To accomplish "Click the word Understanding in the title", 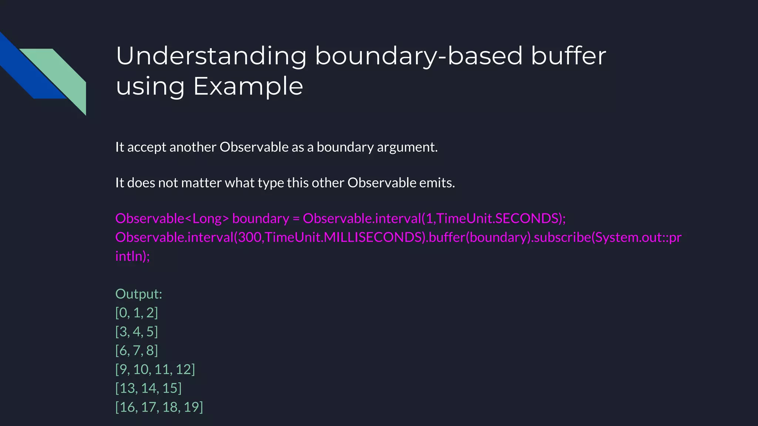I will pyautogui.click(x=211, y=56).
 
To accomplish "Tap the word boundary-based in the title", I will pyautogui.click(x=419, y=56).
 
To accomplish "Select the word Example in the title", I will pyautogui.click(x=248, y=87).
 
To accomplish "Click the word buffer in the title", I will pyautogui.click(x=568, y=56).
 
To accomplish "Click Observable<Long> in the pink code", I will pyautogui.click(x=172, y=219).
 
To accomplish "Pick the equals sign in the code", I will pyautogui.click(x=296, y=219).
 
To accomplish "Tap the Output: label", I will pyautogui.click(x=139, y=294).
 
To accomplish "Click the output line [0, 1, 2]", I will pyautogui.click(x=137, y=313).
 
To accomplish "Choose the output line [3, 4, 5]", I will pyautogui.click(x=137, y=332).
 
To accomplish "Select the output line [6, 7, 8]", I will pyautogui.click(x=137, y=351).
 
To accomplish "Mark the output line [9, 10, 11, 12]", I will pyautogui.click(x=155, y=369).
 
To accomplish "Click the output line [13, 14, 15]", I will pyautogui.click(x=148, y=388).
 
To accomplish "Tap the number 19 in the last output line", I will pyautogui.click(x=191, y=407).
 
